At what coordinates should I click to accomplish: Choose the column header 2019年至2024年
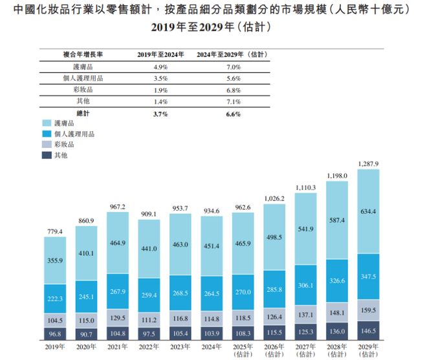tap(159, 54)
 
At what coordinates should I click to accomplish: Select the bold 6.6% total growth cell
tap(233, 114)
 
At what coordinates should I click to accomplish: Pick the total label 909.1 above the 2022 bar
tap(149, 213)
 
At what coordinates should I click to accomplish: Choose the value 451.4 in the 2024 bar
tap(212, 246)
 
